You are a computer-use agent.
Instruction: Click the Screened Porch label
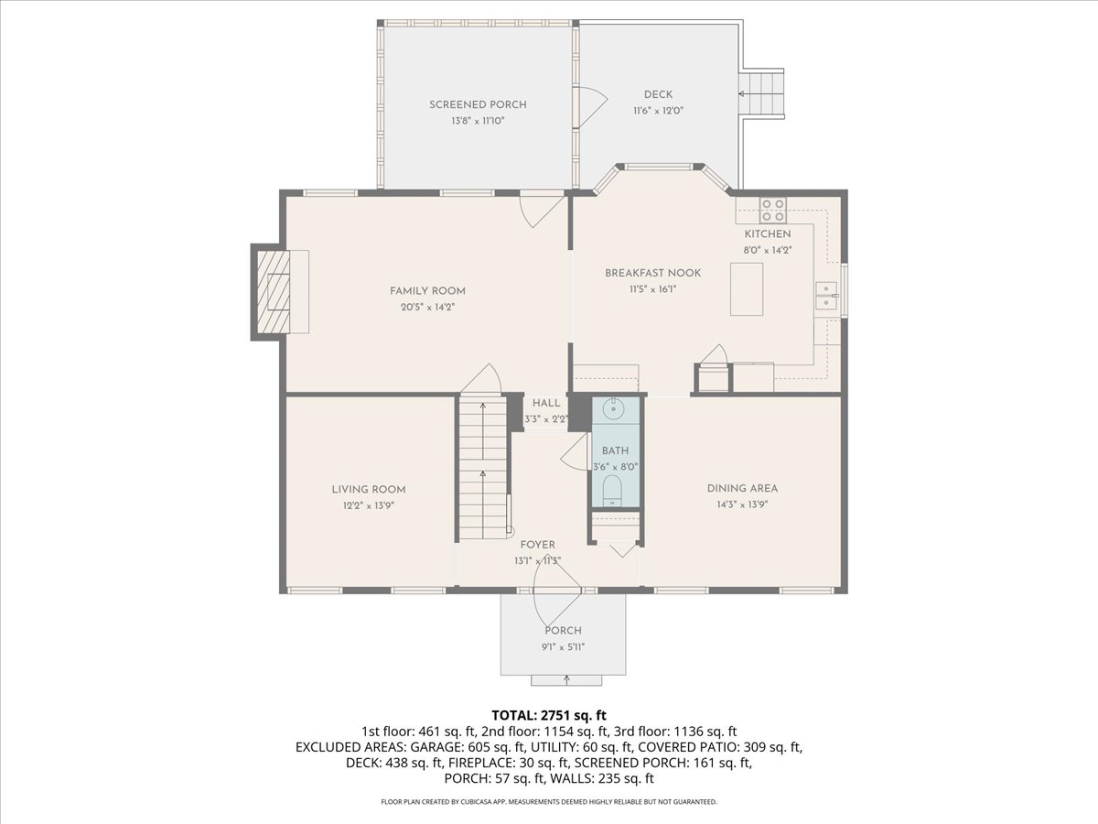point(478,104)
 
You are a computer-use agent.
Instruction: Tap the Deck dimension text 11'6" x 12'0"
point(658,110)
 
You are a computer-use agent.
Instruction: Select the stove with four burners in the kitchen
point(773,211)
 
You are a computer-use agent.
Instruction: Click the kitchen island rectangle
point(747,289)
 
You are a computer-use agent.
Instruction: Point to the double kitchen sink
point(827,296)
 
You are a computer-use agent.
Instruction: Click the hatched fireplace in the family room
point(272,292)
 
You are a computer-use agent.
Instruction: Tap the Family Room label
point(422,291)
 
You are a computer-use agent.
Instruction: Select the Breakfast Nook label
point(652,273)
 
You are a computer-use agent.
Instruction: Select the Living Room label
point(369,489)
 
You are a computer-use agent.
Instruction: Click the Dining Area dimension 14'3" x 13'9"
point(742,504)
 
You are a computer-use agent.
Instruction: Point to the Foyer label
point(538,545)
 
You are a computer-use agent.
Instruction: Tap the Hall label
point(546,403)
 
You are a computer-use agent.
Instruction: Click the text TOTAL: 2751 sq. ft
point(549,714)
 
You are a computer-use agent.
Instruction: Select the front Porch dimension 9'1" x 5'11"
point(563,646)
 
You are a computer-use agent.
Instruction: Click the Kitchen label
point(767,234)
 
